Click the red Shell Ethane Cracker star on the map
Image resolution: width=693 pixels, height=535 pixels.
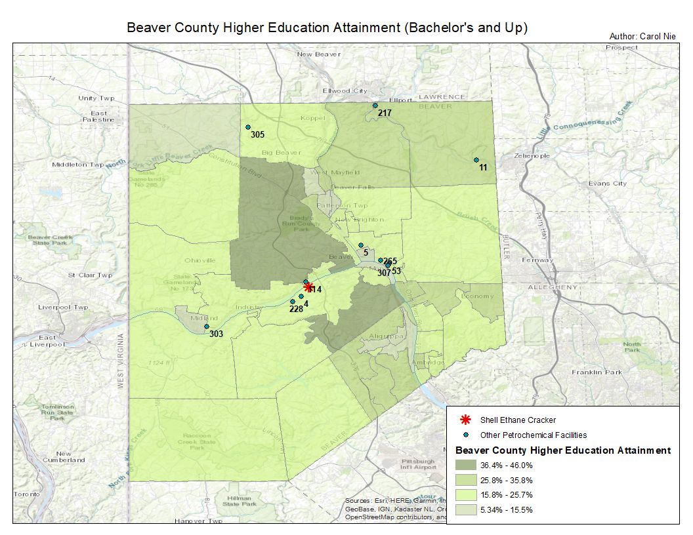[308, 287]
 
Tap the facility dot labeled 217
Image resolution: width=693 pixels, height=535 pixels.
[375, 106]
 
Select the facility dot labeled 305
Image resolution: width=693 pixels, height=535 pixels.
[248, 127]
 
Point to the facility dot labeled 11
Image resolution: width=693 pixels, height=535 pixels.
[476, 160]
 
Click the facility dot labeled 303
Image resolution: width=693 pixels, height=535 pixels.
[206, 327]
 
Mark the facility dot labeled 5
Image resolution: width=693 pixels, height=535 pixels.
[361, 245]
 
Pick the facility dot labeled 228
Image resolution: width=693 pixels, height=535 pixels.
[293, 302]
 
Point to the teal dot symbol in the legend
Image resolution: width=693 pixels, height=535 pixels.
[466, 435]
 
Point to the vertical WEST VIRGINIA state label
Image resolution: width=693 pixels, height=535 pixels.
[121, 361]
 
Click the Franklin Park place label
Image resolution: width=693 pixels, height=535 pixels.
[596, 372]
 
